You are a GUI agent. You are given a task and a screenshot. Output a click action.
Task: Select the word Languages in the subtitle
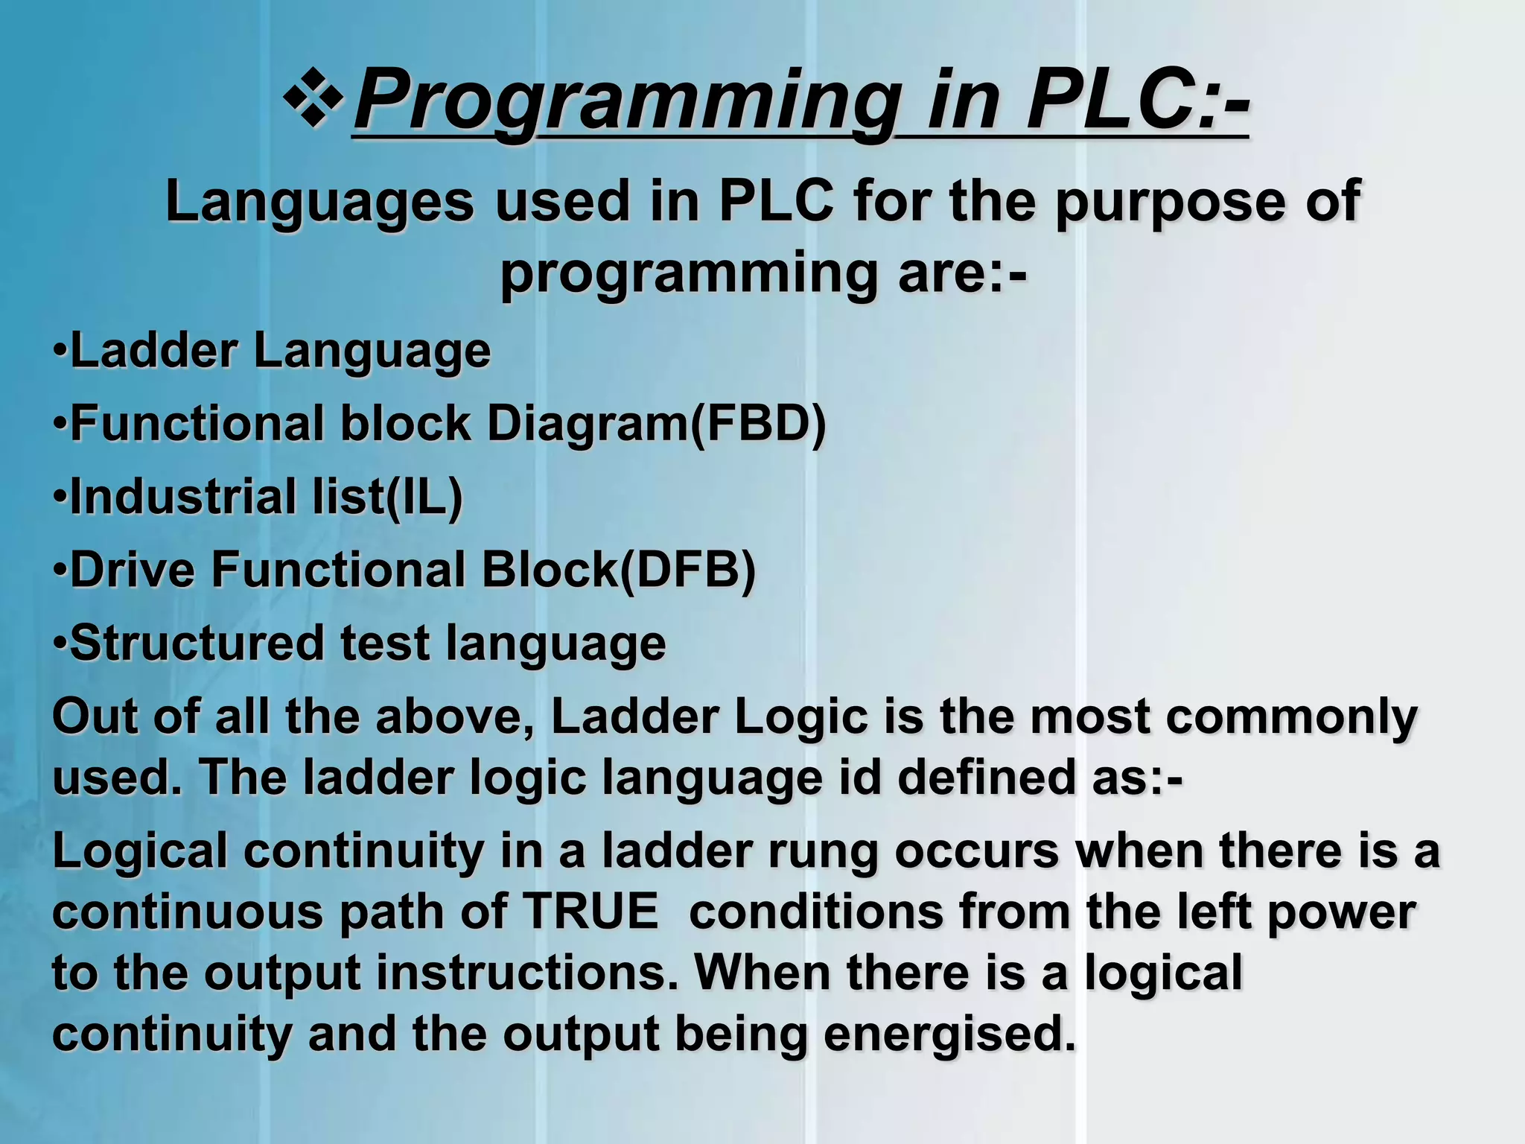pyautogui.click(x=319, y=202)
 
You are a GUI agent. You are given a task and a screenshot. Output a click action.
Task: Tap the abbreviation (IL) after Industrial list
pyautogui.click(x=424, y=496)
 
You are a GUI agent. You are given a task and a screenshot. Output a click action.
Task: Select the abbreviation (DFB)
pyautogui.click(x=687, y=570)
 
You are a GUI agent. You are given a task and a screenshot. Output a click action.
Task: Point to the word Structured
pyautogui.click(x=197, y=642)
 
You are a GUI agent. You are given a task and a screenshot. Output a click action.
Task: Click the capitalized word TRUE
pyautogui.click(x=590, y=911)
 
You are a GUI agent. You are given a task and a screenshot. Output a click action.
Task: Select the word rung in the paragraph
pyautogui.click(x=824, y=851)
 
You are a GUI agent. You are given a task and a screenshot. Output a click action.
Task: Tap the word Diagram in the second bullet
pyautogui.click(x=588, y=423)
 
